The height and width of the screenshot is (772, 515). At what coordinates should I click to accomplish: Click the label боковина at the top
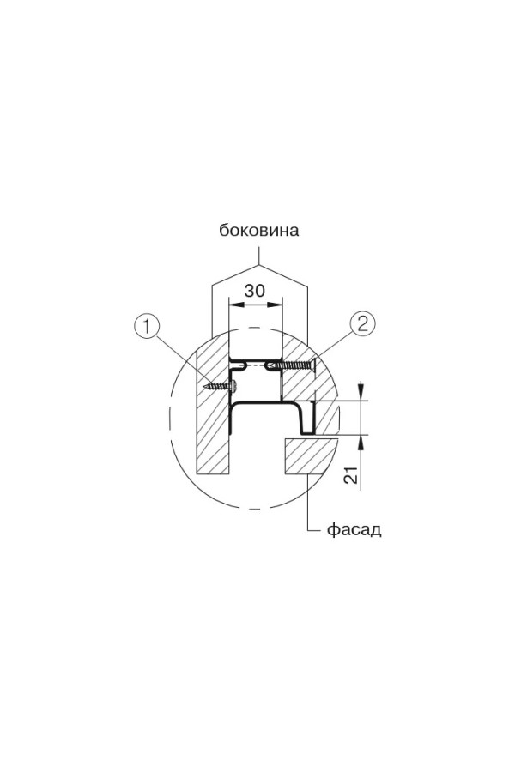coord(258,231)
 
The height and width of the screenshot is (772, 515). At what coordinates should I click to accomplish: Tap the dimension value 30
coord(254,290)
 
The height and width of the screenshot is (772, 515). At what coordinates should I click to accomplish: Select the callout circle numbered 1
coord(148,325)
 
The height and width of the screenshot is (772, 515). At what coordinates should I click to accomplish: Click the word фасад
coord(354,529)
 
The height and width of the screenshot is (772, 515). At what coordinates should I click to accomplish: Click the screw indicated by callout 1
coord(221,386)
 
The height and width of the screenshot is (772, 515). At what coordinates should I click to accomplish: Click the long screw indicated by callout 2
coord(292,365)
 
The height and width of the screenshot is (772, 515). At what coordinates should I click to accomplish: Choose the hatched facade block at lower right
coord(306,455)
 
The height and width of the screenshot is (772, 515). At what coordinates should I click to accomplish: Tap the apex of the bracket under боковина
coord(258,260)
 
